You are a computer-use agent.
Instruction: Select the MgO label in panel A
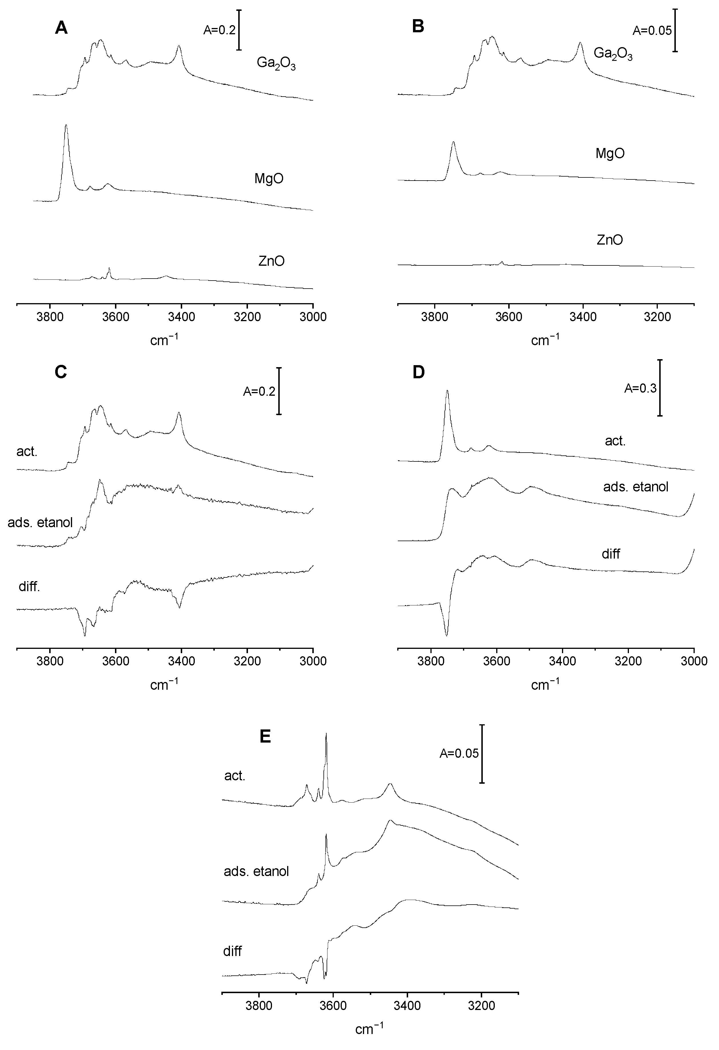pyautogui.click(x=269, y=179)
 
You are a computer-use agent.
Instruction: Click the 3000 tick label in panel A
pyautogui.click(x=313, y=317)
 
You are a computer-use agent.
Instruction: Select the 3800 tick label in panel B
pyautogui.click(x=434, y=317)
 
